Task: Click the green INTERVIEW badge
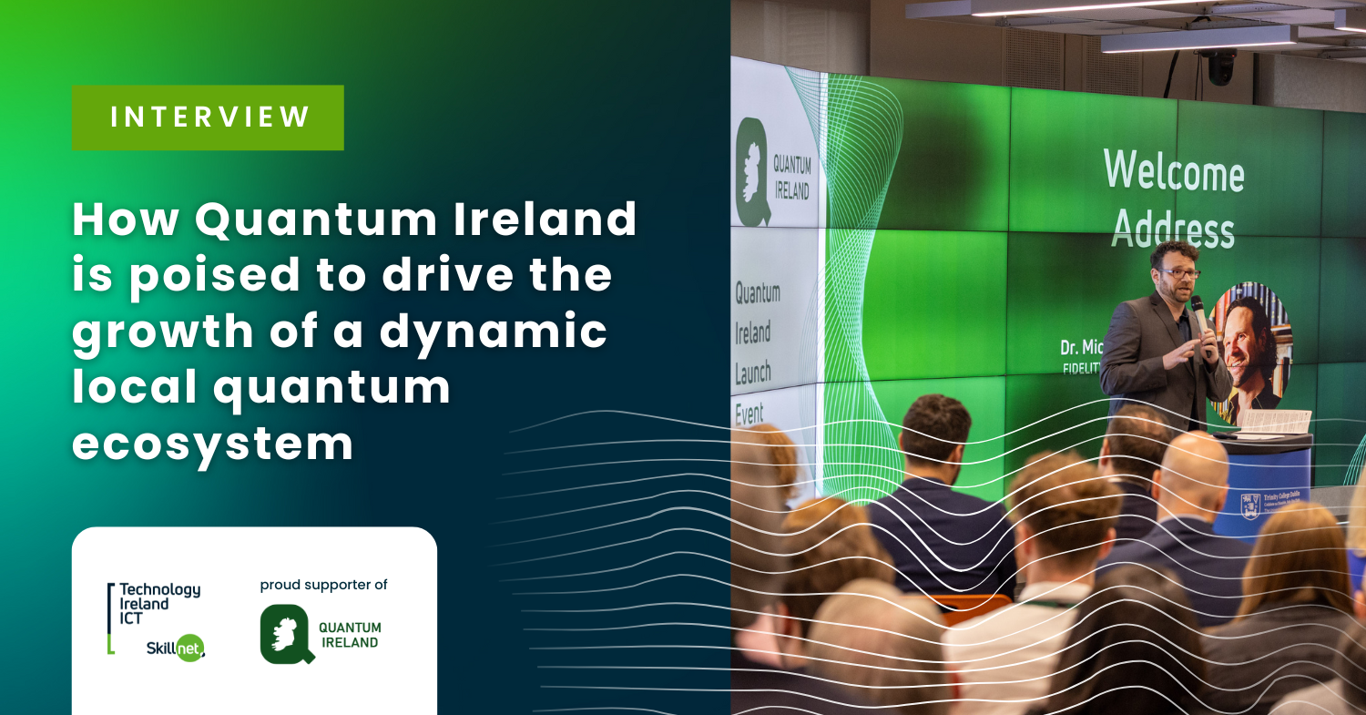point(208,117)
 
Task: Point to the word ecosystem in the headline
point(212,444)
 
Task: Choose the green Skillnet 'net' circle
point(189,647)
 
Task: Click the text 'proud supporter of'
point(323,585)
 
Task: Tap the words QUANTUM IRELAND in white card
point(350,635)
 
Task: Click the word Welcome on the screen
point(1173,169)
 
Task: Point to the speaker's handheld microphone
point(1199,313)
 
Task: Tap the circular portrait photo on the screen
point(1255,351)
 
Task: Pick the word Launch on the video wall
point(753,371)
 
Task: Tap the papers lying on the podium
point(1275,421)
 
